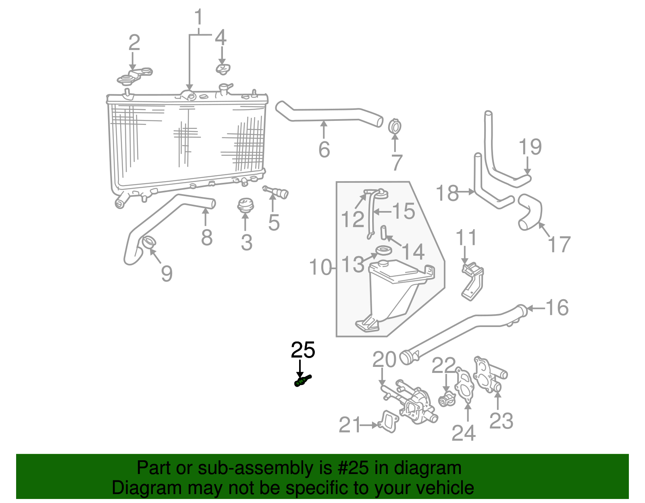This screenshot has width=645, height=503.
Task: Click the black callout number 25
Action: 303,350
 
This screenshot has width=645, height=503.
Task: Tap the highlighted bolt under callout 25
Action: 303,380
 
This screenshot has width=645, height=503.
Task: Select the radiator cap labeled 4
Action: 223,69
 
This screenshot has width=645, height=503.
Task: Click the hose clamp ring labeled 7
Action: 395,127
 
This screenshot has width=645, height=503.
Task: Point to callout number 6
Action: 324,149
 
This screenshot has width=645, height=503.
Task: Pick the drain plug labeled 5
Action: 277,192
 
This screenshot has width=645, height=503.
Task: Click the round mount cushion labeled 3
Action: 245,205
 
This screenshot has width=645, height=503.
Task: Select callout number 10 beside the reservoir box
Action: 320,267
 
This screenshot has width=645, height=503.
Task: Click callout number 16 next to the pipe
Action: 557,308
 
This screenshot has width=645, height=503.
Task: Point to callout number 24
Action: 464,433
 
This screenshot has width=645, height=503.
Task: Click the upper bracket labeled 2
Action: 135,76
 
